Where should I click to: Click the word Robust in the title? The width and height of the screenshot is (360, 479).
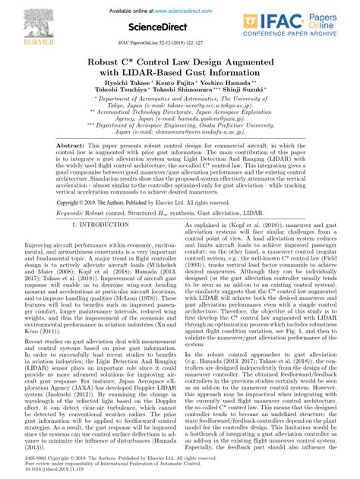point(109,61)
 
